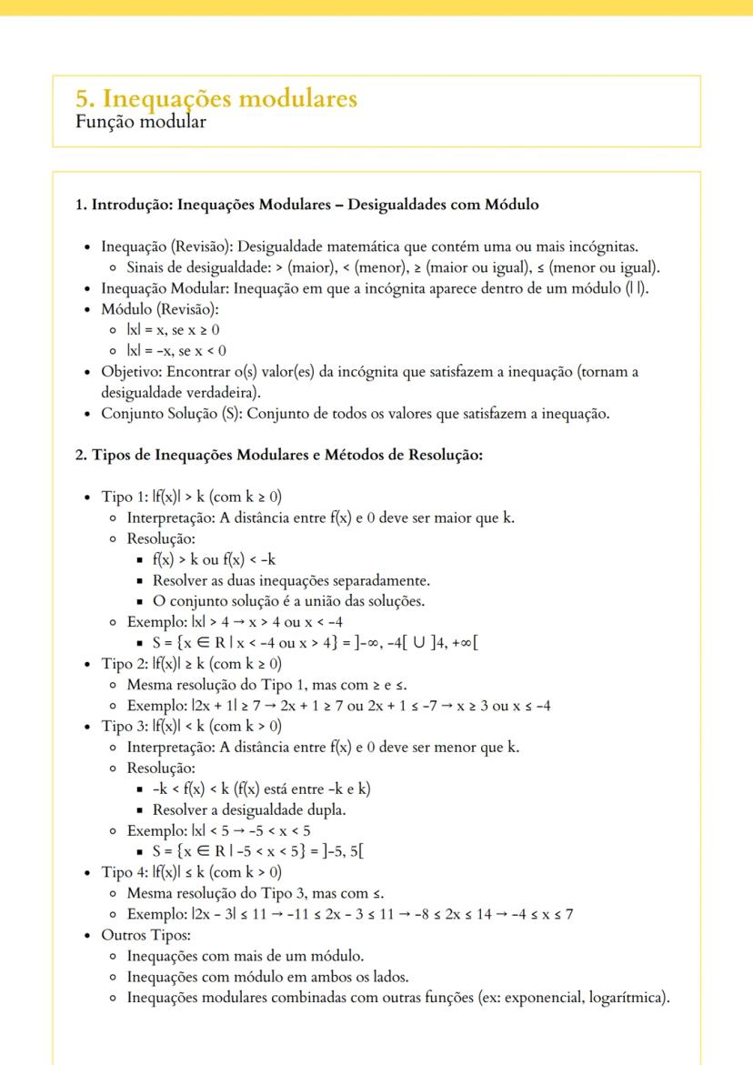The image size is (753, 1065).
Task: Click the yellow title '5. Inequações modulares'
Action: tap(216, 98)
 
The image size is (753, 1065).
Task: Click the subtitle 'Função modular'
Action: tap(140, 122)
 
